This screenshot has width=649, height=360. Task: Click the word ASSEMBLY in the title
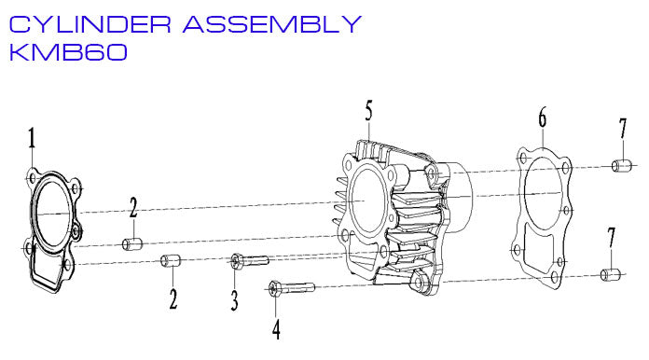pos(271,23)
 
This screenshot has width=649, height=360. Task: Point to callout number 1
pos(32,140)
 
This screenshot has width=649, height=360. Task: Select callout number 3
pos(235,299)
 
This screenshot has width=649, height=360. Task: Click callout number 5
pos(369,111)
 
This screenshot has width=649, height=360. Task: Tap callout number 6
pos(542,118)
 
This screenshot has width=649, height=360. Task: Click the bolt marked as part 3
pos(248,262)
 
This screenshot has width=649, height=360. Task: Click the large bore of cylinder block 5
pos(373,201)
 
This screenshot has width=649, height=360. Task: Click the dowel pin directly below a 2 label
pos(131,244)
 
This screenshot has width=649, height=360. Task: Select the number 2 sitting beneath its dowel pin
pos(173,298)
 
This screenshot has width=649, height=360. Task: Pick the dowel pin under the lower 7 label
pos(611,275)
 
